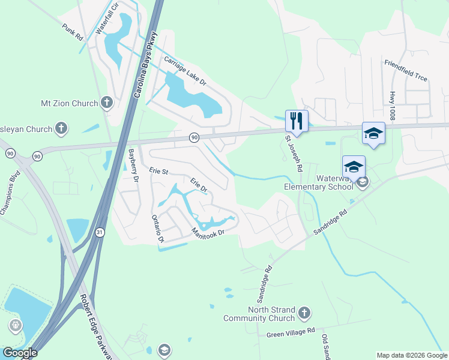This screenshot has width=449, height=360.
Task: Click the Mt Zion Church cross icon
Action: pyautogui.click(x=107, y=103)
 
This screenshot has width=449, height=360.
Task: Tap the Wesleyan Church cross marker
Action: pyautogui.click(x=61, y=128)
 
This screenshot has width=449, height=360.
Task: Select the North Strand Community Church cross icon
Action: pyautogui.click(x=304, y=313)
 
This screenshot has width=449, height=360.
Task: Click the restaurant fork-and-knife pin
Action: pyautogui.click(x=297, y=121)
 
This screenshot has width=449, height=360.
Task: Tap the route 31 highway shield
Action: pyautogui.click(x=98, y=232)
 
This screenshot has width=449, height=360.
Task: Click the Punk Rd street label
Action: pyautogui.click(x=73, y=31)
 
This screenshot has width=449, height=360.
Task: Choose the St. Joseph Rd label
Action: pyautogui.click(x=294, y=153)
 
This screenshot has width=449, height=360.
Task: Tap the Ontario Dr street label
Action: pyautogui.click(x=157, y=228)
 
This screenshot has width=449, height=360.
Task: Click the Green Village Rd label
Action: pyautogui.click(x=291, y=331)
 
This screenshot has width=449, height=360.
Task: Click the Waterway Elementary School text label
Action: pyautogui.click(x=319, y=182)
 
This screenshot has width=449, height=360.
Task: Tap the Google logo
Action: pyautogui.click(x=20, y=353)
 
